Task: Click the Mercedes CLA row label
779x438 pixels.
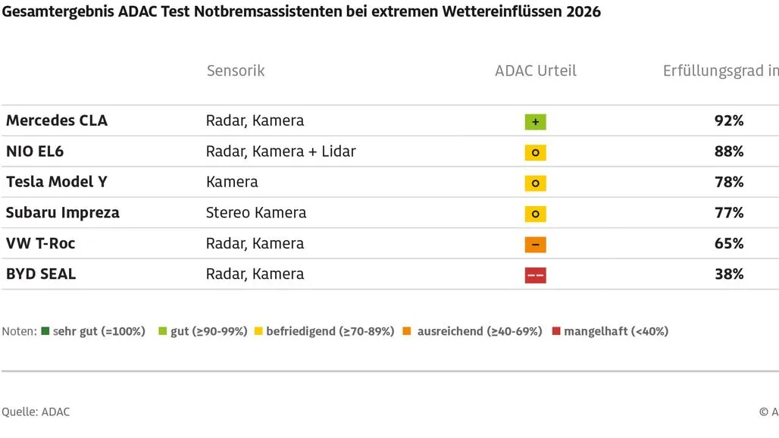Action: coord(57,120)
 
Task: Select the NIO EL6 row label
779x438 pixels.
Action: coord(35,152)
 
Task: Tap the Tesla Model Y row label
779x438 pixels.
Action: coord(57,182)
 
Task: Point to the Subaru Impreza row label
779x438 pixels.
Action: coord(63,213)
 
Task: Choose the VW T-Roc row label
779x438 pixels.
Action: coord(41,243)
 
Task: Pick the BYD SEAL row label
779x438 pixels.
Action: coord(41,274)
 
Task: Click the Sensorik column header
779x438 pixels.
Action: coord(236,70)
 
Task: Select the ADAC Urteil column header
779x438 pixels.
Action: coord(536,70)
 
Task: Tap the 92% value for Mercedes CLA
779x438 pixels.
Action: coord(729,120)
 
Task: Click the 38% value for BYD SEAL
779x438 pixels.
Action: coord(729,274)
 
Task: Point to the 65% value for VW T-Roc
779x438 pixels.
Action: coord(729,243)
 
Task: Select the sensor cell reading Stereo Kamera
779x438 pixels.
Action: coord(256,213)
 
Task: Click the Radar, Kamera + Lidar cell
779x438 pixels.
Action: coord(281,152)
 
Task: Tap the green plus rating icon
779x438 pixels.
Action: coord(535,122)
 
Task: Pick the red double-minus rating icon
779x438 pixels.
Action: coord(535,276)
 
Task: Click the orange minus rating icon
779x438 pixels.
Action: coord(535,245)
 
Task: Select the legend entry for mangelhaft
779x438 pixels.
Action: coord(611,331)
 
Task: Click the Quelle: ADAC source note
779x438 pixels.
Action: coord(36,411)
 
